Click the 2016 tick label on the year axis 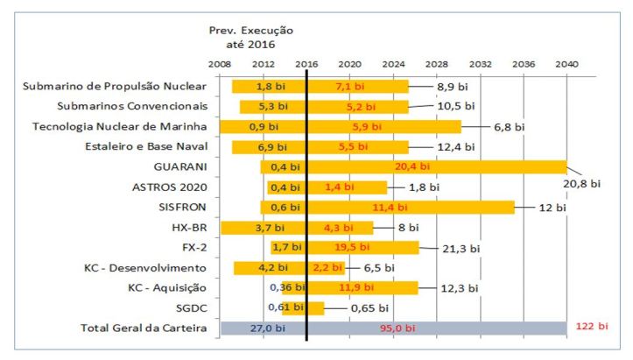pyautogui.click(x=306, y=65)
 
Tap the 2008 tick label pyautogui.click(x=219, y=65)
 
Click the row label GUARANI pyautogui.click(x=180, y=166)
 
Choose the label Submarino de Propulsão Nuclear pyautogui.click(x=114, y=86)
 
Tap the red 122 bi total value pyautogui.click(x=592, y=327)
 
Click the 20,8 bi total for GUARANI pyautogui.click(x=583, y=184)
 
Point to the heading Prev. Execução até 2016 pyautogui.click(x=250, y=36)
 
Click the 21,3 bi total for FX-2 pyautogui.click(x=462, y=248)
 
